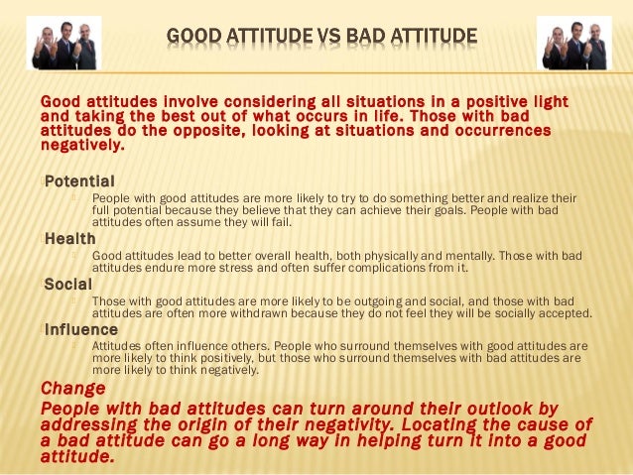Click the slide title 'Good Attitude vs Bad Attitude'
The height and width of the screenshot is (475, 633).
tap(321, 39)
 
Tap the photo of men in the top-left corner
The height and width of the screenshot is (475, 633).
tap(65, 44)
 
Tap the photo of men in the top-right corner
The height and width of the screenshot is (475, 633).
tap(573, 44)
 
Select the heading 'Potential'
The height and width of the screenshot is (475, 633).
tap(79, 181)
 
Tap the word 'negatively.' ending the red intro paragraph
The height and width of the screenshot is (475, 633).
tap(83, 145)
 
